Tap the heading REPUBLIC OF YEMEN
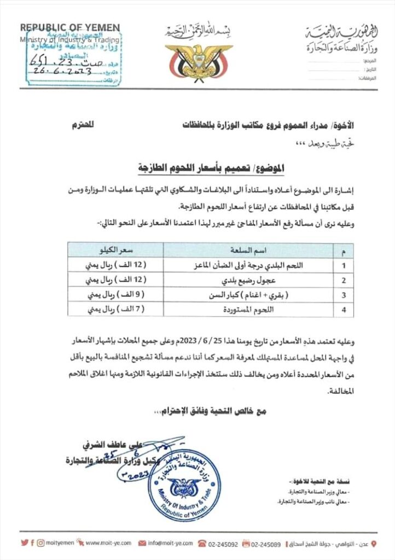(x=70, y=28)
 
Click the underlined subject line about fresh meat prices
(x=198, y=166)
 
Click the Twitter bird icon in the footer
(x=23, y=543)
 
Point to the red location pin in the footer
(x=374, y=543)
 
